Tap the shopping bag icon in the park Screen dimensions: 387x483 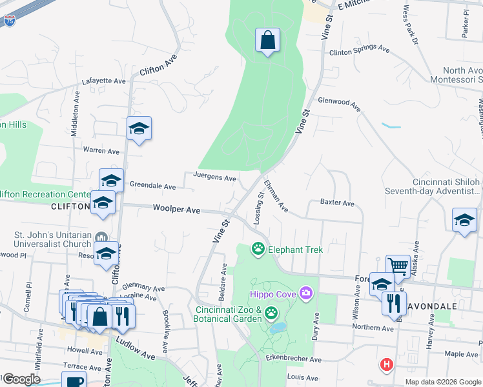267,41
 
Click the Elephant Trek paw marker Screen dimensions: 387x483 258,248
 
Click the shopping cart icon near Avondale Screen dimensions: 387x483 398,266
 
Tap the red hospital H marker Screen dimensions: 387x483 386,364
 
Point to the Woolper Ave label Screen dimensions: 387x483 176,209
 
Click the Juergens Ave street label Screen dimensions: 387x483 214,177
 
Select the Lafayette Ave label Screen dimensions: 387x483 103,81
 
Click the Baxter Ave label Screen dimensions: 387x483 337,203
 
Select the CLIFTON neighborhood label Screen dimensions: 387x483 70,206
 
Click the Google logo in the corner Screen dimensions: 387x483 21,379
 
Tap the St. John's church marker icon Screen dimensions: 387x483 100,236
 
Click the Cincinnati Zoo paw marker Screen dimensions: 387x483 271,313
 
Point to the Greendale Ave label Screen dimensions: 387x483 152,186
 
